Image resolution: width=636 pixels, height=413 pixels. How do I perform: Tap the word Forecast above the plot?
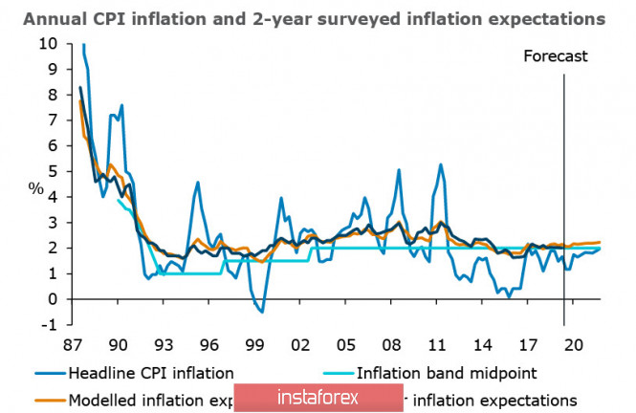tap(555, 56)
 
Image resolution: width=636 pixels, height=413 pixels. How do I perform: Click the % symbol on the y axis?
tap(35, 187)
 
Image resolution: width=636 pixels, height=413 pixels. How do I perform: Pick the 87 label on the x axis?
tap(73, 345)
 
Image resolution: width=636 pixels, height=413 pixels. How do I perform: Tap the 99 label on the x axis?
tap(253, 345)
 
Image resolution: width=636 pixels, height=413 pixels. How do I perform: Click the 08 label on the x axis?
tap(390, 345)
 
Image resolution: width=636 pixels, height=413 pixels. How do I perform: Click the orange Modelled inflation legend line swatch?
tap(45, 398)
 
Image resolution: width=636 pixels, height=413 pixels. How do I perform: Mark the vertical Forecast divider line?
tap(563, 191)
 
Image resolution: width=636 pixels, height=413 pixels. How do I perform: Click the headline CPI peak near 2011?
tap(441, 164)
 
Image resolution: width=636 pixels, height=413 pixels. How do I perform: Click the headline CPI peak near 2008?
tap(399, 170)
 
